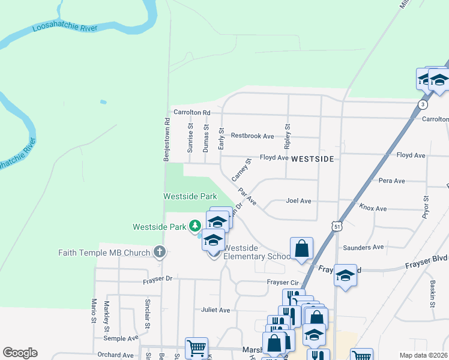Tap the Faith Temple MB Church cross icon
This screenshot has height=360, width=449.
(x=159, y=252)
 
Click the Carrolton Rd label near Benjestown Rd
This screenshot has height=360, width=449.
(x=192, y=112)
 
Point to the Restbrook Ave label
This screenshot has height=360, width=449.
(x=252, y=136)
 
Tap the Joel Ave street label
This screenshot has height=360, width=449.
(x=299, y=201)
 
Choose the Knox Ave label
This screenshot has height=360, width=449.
(x=373, y=208)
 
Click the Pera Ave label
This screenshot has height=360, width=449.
(x=392, y=180)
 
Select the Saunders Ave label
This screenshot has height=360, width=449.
(x=363, y=247)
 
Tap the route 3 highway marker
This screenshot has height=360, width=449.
(x=424, y=104)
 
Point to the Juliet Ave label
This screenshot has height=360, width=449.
(x=216, y=310)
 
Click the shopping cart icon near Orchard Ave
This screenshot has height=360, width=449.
(x=196, y=347)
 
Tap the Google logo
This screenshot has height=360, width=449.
(x=20, y=353)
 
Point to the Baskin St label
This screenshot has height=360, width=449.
(x=432, y=295)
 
